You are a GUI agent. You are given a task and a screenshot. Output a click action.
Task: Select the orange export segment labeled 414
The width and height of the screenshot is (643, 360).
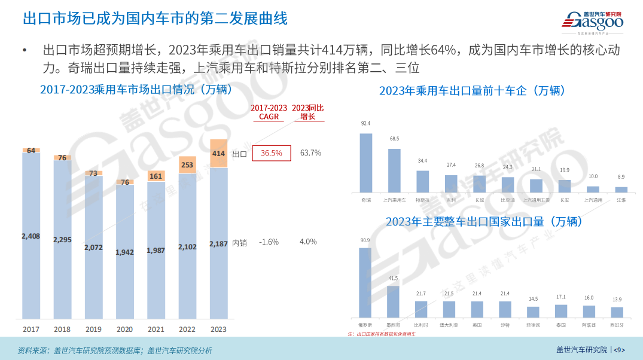tap(219, 154)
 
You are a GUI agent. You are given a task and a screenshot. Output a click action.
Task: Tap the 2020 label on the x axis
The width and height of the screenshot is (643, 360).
tap(124, 330)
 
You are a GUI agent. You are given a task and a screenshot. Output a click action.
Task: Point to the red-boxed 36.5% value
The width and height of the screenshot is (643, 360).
tap(272, 153)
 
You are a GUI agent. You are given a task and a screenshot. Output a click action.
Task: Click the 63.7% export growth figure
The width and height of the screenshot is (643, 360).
tap(310, 153)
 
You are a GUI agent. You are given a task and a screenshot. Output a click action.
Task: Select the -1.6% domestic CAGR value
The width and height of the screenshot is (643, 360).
tap(269, 242)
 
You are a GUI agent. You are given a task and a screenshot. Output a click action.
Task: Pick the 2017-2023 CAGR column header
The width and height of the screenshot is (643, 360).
tap(269, 112)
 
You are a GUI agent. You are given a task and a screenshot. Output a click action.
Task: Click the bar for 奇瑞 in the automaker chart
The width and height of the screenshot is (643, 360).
tap(365, 162)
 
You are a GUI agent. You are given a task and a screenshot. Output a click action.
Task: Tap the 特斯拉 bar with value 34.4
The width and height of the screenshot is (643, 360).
tap(422, 181)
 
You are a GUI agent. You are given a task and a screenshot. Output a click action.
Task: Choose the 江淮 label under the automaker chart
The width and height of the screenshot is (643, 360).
tap(621, 200)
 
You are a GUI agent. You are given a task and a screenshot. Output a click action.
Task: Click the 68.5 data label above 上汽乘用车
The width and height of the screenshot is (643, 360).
tap(394, 139)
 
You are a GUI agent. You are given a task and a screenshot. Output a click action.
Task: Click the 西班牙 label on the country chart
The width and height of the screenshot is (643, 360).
tap(616, 325)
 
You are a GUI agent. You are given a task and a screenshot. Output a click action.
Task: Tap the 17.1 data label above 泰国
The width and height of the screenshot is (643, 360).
tap(560, 297)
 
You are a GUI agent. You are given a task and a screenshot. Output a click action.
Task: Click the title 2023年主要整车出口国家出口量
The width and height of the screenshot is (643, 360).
tap(484, 222)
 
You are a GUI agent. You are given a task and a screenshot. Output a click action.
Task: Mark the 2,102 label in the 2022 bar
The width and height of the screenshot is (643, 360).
tap(187, 246)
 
